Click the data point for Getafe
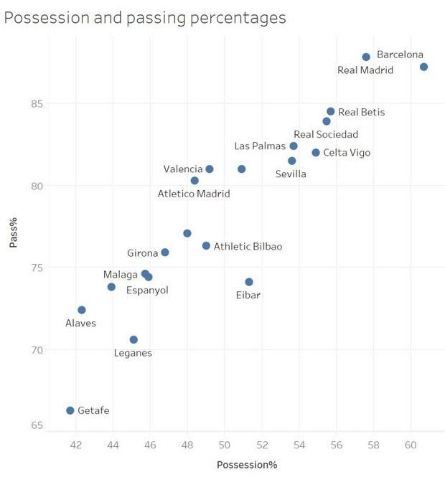click(70, 410)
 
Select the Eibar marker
click(249, 282)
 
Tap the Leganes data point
click(133, 339)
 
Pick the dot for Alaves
click(82, 310)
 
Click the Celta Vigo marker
click(316, 153)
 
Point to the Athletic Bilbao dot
click(206, 246)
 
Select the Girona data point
click(165, 252)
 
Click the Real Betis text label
click(361, 112)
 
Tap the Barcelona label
click(400, 55)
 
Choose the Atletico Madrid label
click(195, 194)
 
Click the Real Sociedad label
click(326, 134)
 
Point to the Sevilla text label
click(291, 174)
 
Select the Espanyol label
click(147, 291)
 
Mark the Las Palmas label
click(260, 146)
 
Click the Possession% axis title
click(247, 465)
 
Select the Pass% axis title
click(14, 235)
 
